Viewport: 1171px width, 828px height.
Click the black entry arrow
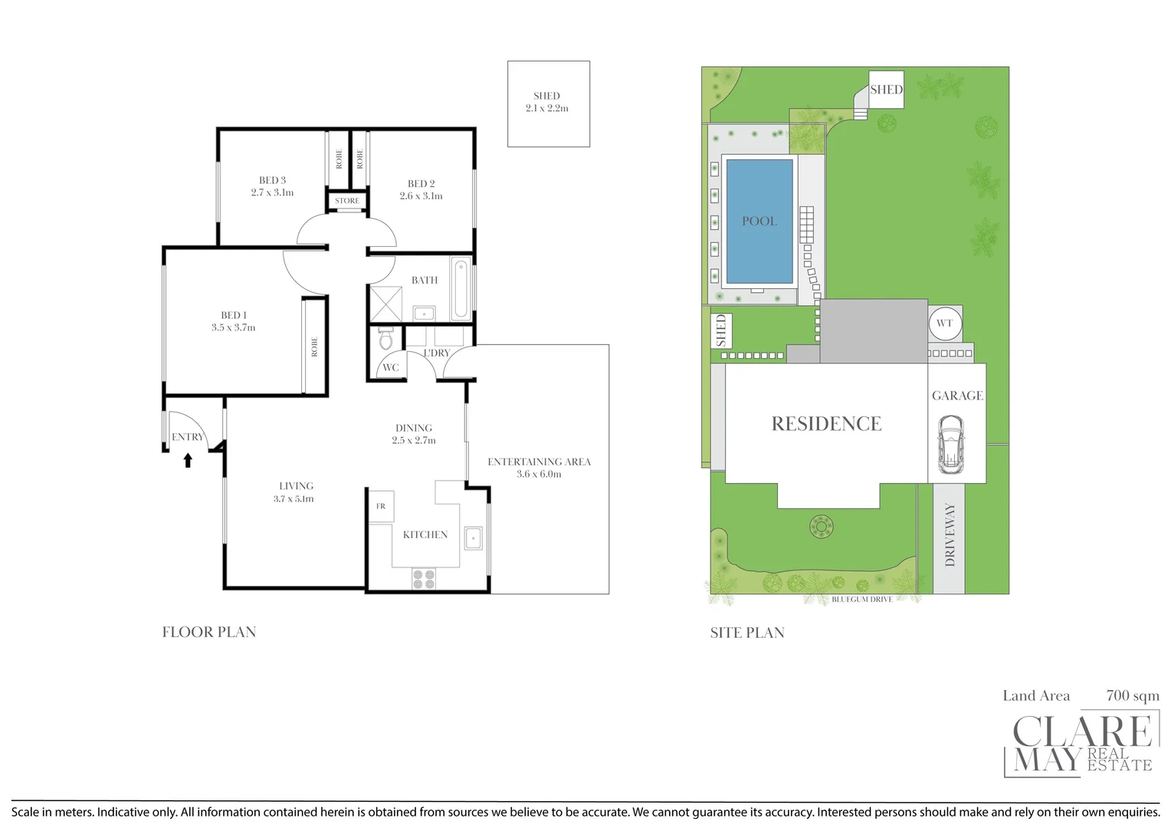tap(188, 460)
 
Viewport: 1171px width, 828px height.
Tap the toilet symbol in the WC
tap(386, 339)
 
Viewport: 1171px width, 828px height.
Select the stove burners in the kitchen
tap(424, 579)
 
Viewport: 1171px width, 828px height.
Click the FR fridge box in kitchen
tap(381, 507)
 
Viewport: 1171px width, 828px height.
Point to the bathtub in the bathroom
tap(461, 290)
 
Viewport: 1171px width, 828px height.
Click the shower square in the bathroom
tap(385, 304)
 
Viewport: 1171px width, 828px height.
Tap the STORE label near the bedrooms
tap(347, 201)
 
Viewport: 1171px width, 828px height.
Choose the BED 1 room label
tap(234, 315)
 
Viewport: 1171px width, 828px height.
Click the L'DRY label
tap(437, 353)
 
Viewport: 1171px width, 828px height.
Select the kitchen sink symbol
tap(473, 538)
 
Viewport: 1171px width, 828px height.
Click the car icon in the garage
tap(951, 445)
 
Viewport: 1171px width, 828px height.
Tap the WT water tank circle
tap(944, 324)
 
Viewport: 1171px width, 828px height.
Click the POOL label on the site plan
tap(759, 221)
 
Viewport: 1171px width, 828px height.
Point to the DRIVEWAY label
tap(950, 534)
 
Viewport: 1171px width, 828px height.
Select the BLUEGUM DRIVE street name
tap(862, 600)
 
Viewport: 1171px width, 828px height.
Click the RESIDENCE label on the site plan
tap(826, 424)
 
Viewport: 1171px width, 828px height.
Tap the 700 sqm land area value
tap(1133, 695)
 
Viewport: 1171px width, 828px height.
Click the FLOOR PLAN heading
tap(209, 632)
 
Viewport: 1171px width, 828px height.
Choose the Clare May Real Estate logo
tap(1081, 744)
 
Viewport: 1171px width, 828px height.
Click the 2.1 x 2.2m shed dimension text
tap(547, 108)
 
